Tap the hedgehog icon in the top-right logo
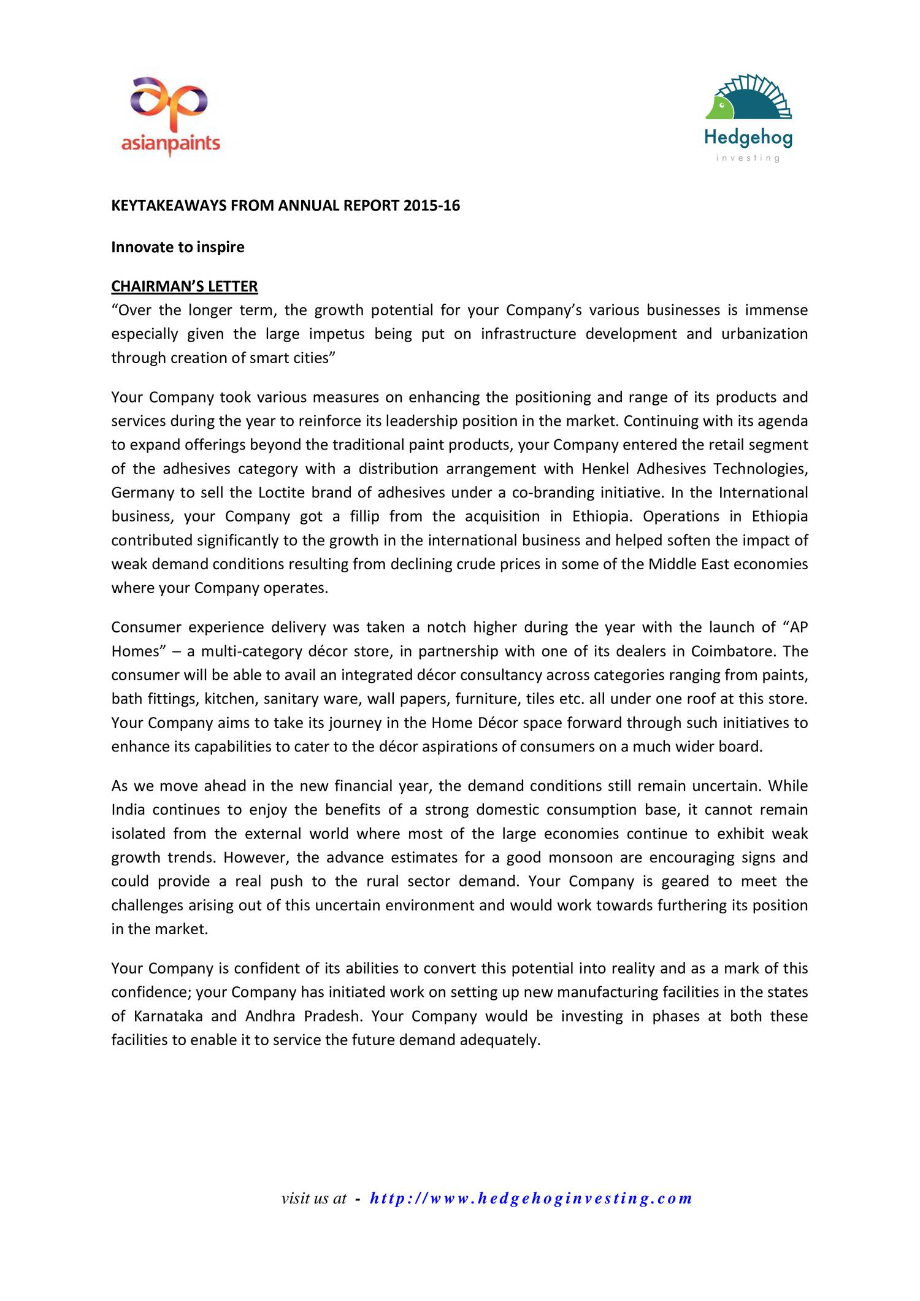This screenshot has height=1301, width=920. (749, 98)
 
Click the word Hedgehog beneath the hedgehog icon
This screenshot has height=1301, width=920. (748, 137)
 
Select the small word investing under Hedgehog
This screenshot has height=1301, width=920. (748, 158)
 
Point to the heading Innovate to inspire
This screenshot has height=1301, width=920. (177, 247)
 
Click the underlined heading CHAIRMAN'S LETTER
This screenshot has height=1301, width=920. (184, 286)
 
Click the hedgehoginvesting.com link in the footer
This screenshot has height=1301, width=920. (531, 1198)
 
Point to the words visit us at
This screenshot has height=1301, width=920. (313, 1198)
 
